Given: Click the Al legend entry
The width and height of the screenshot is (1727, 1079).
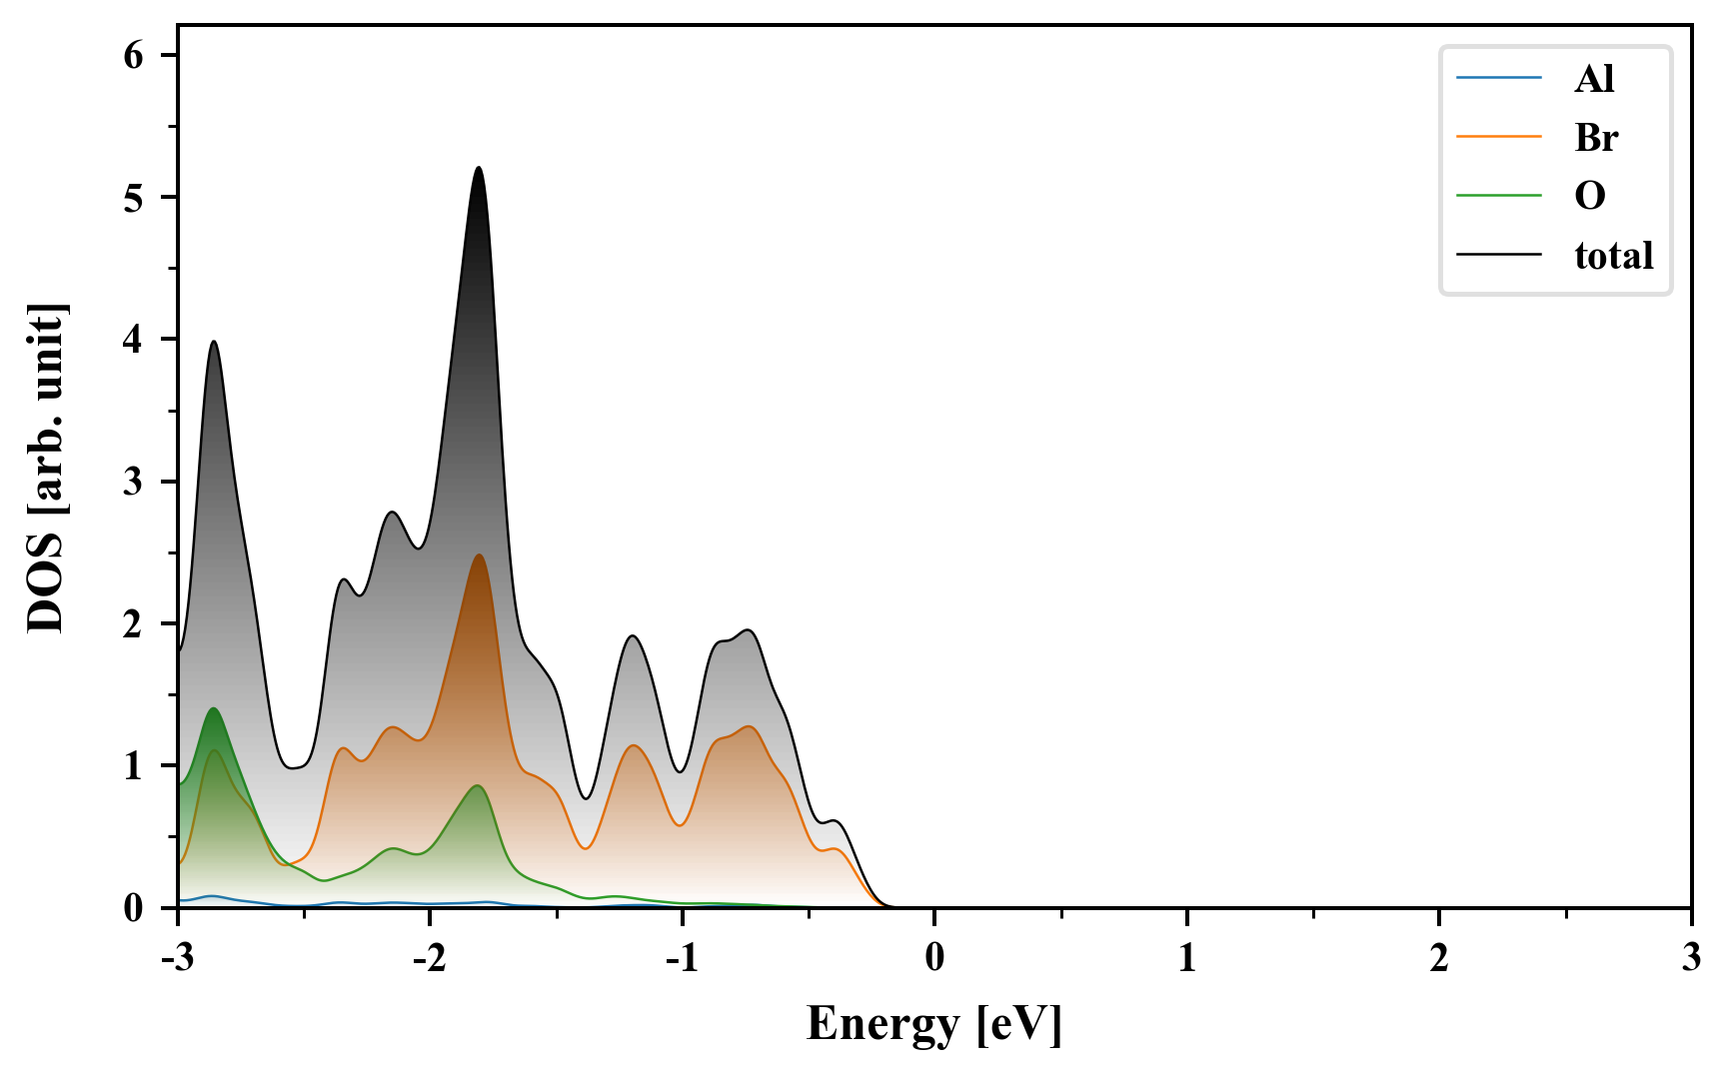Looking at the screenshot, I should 1594,78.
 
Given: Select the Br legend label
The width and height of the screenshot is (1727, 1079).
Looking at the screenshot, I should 1596,137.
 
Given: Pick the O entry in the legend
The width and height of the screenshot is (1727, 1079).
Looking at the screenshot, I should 1590,196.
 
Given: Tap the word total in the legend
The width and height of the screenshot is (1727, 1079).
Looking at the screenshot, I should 1614,256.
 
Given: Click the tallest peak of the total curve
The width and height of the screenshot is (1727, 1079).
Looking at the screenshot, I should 479,168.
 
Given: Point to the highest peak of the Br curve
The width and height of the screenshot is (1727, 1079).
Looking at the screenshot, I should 479,555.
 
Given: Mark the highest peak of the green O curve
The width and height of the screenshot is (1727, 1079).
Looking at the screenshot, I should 213,708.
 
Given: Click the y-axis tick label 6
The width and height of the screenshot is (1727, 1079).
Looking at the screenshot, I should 134,56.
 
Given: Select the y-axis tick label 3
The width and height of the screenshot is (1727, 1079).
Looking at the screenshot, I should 134,483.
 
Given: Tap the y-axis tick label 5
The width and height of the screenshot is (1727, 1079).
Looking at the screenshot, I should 134,198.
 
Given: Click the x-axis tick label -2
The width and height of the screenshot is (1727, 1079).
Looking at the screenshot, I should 429,959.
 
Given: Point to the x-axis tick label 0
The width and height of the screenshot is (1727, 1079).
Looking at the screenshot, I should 934,959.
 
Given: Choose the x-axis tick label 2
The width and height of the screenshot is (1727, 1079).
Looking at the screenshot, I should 1438,959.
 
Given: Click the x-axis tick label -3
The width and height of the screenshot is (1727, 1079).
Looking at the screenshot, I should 177,959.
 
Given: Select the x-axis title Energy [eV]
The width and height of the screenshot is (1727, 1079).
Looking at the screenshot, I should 933,1024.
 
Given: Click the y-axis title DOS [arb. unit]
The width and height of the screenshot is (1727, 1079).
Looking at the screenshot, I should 45,468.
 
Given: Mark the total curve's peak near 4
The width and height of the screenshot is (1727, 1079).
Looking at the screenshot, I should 213,342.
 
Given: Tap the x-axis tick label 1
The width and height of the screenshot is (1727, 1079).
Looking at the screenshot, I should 1186,959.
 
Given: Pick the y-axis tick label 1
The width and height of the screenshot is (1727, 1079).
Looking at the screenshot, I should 134,767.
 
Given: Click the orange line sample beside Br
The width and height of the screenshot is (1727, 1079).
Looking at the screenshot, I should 1498,137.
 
